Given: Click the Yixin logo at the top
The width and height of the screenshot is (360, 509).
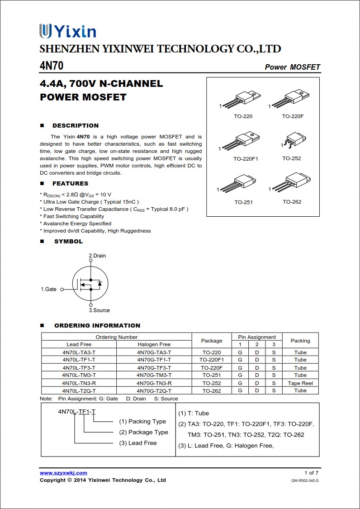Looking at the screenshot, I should tap(68, 31).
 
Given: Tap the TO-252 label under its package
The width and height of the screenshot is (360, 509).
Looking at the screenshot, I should tap(292, 158).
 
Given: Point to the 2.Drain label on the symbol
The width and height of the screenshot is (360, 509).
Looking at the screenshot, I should tap(97, 256).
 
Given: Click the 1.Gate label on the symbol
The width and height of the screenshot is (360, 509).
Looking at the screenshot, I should tap(49, 289).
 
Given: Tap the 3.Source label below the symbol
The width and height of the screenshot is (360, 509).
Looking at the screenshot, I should tap(99, 310).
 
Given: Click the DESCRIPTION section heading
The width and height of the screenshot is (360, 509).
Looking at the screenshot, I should tap(75, 126).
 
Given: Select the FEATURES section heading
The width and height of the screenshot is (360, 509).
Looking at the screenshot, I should tap(70, 184).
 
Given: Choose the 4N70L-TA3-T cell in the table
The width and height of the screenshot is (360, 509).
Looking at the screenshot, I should tap(79, 352).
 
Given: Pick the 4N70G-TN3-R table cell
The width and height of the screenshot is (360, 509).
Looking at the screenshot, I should tap(154, 383).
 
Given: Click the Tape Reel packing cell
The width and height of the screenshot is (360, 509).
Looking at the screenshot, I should tap(300, 383).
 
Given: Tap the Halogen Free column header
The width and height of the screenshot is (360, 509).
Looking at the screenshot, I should tap(154, 345).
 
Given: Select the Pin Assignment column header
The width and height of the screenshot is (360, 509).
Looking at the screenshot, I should tap(257, 337).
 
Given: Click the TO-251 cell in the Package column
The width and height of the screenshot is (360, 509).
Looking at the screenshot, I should tap(212, 376).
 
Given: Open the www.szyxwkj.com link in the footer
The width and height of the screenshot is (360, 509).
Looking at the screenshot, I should tap(63, 473).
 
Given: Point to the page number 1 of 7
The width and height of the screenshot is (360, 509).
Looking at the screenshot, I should tap(311, 473).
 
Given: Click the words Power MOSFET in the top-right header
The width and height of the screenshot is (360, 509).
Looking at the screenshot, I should tap(292, 67).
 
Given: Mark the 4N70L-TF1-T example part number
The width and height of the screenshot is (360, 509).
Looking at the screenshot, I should tap(77, 411).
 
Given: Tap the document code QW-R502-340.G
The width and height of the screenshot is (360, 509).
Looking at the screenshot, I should tap(305, 480).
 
